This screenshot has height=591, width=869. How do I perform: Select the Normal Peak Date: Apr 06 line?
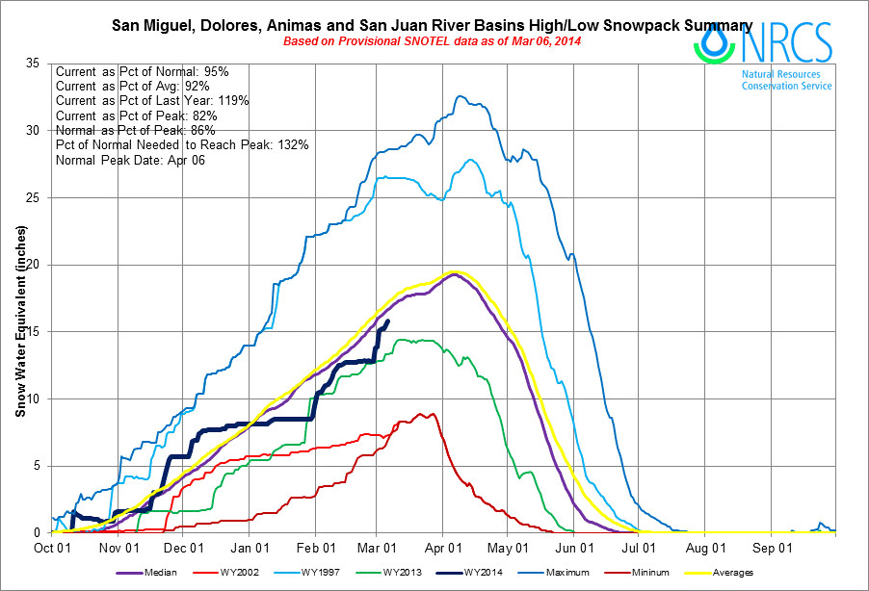(x=130, y=159)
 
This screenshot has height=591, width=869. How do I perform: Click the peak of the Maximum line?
(x=460, y=96)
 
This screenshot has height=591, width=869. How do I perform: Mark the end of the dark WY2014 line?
(x=387, y=321)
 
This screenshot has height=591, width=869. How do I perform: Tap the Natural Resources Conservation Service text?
(x=786, y=79)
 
